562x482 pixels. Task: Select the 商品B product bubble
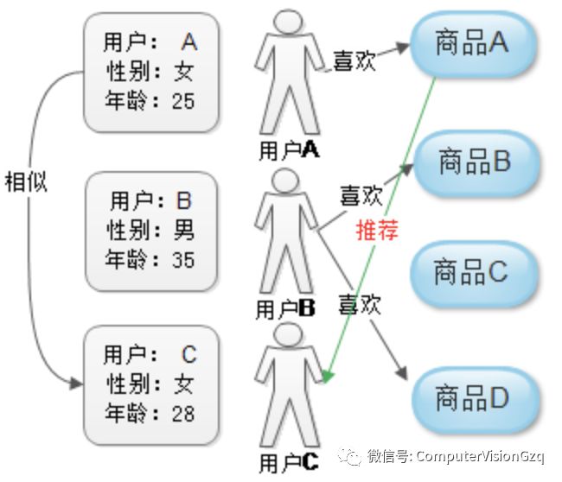click(x=474, y=162)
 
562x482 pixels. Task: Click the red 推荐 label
click(x=372, y=231)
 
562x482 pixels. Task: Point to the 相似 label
click(x=26, y=182)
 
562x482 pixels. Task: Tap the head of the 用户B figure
click(x=283, y=182)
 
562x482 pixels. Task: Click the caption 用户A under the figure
click(x=289, y=149)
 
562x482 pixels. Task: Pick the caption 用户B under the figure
click(x=287, y=308)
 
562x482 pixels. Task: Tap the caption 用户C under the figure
click(x=289, y=462)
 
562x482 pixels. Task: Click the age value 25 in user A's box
click(x=183, y=101)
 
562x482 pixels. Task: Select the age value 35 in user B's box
click(x=183, y=258)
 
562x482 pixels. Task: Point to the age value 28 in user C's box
click(x=183, y=413)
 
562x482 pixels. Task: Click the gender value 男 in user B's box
click(x=184, y=230)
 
